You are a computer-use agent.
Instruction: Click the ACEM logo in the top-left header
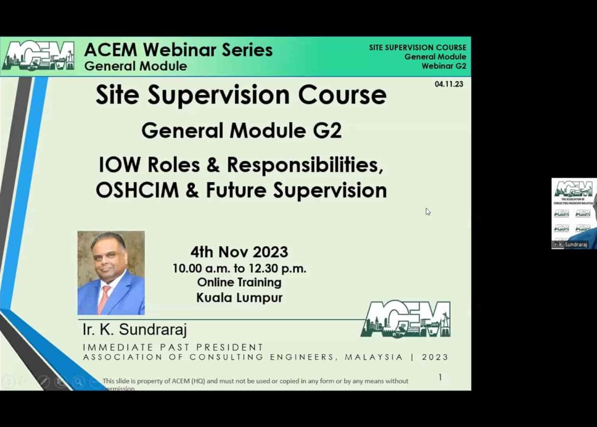38,56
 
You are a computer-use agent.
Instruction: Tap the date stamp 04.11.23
449,84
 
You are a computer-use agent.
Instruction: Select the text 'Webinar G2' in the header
444,66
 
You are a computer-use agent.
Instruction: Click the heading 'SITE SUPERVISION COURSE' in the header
417,48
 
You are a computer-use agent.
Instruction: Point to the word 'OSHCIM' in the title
137,190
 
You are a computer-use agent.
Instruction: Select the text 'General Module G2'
241,130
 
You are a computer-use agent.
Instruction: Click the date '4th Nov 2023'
239,252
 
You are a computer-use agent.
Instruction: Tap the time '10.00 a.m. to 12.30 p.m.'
239,268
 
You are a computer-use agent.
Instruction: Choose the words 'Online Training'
239,282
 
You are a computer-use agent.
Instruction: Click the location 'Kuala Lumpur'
239,298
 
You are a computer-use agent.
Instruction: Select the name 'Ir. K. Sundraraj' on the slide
135,330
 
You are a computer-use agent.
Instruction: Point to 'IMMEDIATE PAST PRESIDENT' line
173,347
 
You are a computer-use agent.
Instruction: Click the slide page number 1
440,377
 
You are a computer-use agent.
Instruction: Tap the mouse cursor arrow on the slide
428,212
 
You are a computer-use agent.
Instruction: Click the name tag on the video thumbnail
570,245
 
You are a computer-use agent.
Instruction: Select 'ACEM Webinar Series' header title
178,50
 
